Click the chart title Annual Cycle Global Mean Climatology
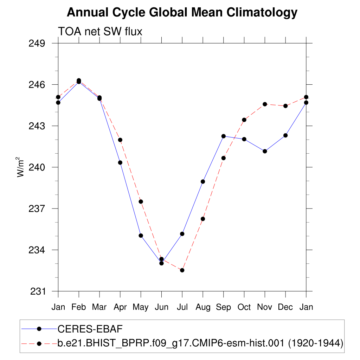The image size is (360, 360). (x=182, y=13)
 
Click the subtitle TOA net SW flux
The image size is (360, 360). (x=100, y=32)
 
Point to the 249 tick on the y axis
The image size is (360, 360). (x=40, y=44)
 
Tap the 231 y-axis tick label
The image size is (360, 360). (x=40, y=291)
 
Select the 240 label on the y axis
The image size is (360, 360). (x=40, y=167)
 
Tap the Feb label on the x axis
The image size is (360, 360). (x=79, y=307)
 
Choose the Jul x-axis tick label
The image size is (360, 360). (x=182, y=307)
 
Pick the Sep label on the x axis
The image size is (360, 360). (x=224, y=307)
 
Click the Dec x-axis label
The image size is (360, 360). (x=285, y=307)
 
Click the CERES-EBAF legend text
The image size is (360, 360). (x=90, y=329)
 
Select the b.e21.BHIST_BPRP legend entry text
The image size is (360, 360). (x=200, y=343)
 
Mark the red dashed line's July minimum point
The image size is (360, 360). (x=182, y=270)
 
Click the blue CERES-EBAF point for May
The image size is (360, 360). (x=141, y=236)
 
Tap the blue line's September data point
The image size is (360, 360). (x=223, y=136)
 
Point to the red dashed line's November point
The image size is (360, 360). (x=265, y=104)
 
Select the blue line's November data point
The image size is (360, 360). (x=265, y=151)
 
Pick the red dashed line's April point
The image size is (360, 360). (x=120, y=140)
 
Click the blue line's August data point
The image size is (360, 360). (x=203, y=181)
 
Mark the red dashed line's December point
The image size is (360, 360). (x=285, y=106)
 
